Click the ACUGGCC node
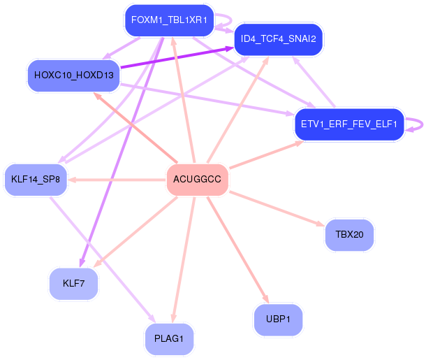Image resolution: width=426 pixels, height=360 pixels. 197,180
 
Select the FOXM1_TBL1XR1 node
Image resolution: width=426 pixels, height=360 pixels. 169,20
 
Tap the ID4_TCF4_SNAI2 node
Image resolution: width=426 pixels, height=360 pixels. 278,39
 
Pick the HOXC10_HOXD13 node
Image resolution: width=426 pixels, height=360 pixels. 73,75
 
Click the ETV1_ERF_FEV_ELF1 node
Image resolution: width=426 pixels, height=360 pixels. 349,124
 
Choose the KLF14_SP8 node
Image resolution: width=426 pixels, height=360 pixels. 36,180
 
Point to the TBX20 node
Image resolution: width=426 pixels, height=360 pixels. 349,235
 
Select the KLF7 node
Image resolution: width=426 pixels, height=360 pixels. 73,284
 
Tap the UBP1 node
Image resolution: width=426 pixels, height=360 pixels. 278,319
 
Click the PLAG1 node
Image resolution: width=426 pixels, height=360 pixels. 169,339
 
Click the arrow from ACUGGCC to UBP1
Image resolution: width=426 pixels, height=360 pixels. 238,250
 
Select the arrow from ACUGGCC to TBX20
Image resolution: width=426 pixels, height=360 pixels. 277,208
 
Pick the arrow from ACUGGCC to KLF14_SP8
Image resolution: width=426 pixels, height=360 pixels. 117,180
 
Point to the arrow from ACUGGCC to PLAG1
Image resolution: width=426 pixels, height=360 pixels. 184,260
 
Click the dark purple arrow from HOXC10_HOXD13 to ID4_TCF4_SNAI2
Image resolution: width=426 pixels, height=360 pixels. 177,57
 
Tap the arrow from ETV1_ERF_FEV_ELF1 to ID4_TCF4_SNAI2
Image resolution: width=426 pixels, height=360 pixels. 314,82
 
